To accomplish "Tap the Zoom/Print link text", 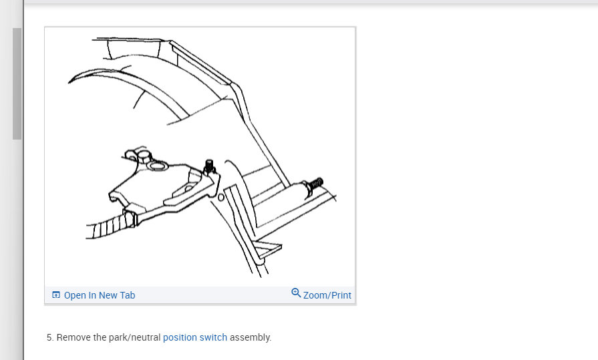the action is [x=327, y=295].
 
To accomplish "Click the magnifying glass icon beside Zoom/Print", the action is [x=296, y=293].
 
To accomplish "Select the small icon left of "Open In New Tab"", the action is [x=56, y=295].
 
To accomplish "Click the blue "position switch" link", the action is [x=195, y=337].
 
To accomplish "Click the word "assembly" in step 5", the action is [x=250, y=337].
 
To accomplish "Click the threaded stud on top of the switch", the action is [x=209, y=166].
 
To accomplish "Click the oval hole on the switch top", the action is [x=157, y=166].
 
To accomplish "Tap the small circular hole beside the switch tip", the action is [x=220, y=198].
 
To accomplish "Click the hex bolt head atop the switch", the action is [x=144, y=156].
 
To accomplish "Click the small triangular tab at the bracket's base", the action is [x=269, y=248].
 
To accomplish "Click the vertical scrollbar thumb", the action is [x=17, y=83].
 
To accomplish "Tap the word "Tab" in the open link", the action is [x=128, y=295].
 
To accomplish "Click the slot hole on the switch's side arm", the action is [x=188, y=189].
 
